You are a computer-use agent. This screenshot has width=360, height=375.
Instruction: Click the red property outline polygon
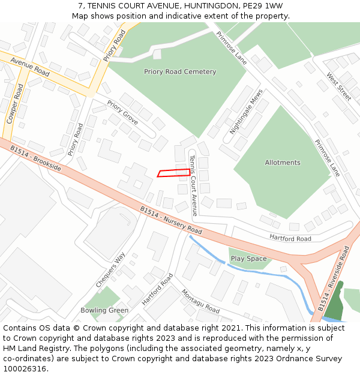pyautogui.click(x=174, y=173)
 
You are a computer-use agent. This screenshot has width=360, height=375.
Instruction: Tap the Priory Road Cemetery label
pyautogui.click(x=180, y=72)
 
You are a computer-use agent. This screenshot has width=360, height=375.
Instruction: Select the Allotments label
pyautogui.click(x=283, y=163)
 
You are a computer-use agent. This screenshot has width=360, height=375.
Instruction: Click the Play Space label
pyautogui.click(x=248, y=259)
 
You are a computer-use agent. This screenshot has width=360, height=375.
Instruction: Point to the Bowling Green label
pyautogui.click(x=104, y=310)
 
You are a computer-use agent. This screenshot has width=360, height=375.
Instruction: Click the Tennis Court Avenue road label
pyautogui.click(x=193, y=185)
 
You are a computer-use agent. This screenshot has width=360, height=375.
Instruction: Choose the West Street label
pyautogui.click(x=338, y=86)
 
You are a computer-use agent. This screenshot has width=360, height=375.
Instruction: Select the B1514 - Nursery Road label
pyautogui.click(x=171, y=220)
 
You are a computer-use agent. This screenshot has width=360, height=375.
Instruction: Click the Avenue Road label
pyautogui.click(x=29, y=67)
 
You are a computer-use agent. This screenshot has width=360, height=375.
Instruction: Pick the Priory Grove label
pyautogui.click(x=122, y=113)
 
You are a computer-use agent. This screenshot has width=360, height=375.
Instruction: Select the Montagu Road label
pyautogui.click(x=200, y=301)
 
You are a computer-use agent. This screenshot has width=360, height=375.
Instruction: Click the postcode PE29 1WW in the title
pyautogui.click(x=266, y=5)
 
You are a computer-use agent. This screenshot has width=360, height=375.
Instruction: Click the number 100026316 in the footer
pyautogui.click(x=23, y=368)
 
